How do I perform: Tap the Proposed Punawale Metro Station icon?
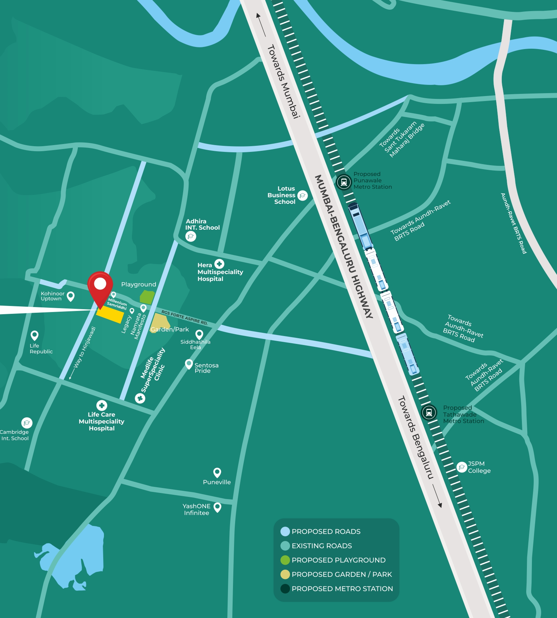click(344, 182)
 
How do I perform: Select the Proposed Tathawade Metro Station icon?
click(429, 412)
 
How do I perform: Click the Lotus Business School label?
click(282, 195)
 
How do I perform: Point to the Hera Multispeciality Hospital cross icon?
click(219, 264)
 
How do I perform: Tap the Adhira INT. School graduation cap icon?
click(191, 236)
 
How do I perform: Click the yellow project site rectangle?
click(110, 315)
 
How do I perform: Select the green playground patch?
click(147, 297)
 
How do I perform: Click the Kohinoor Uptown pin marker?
click(71, 296)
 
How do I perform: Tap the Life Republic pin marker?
click(34, 335)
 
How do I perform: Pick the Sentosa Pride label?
click(206, 368)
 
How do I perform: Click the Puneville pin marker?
click(217, 472)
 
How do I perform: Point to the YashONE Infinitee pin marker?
click(217, 507)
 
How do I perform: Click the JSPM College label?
click(479, 467)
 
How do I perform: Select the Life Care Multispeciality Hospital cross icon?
click(102, 405)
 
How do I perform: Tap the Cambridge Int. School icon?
click(27, 423)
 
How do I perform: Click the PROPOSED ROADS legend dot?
click(285, 531)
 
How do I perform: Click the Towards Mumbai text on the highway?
click(283, 81)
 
